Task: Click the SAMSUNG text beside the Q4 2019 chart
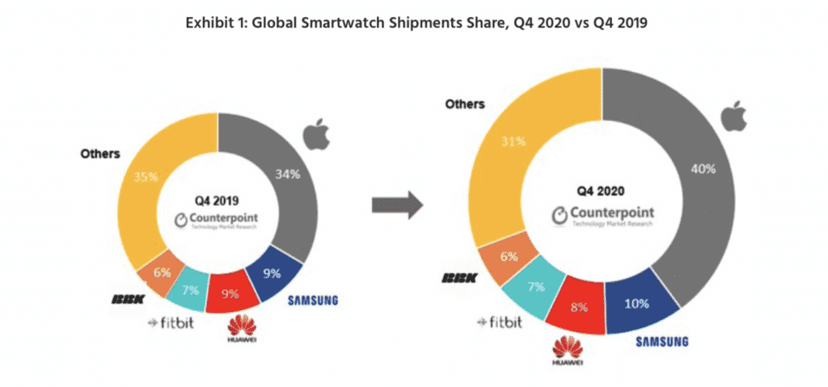312,301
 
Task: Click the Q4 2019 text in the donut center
218,201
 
